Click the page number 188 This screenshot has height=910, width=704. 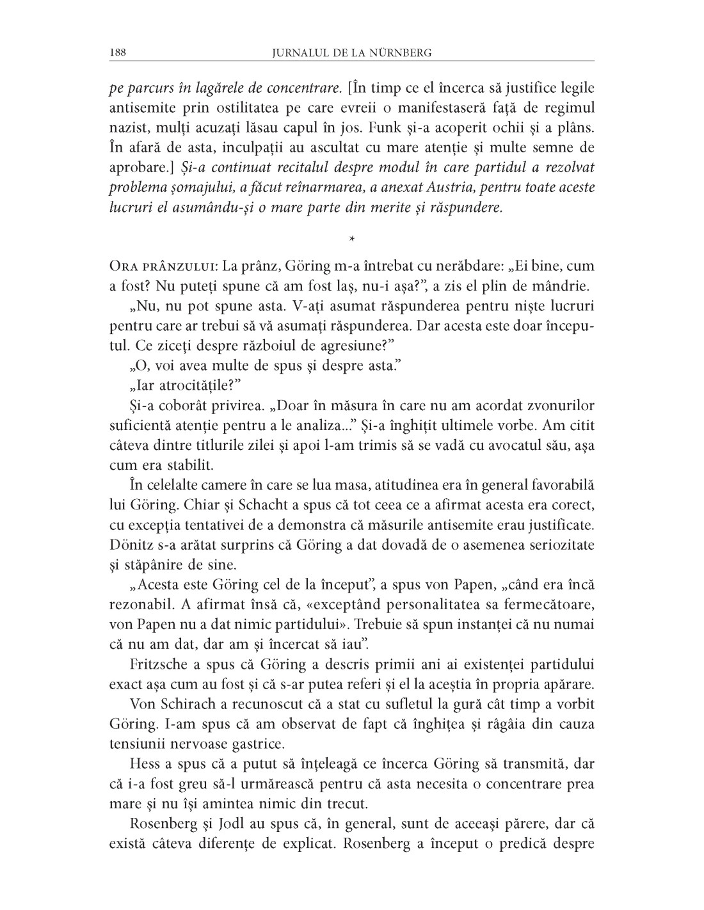coord(118,52)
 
